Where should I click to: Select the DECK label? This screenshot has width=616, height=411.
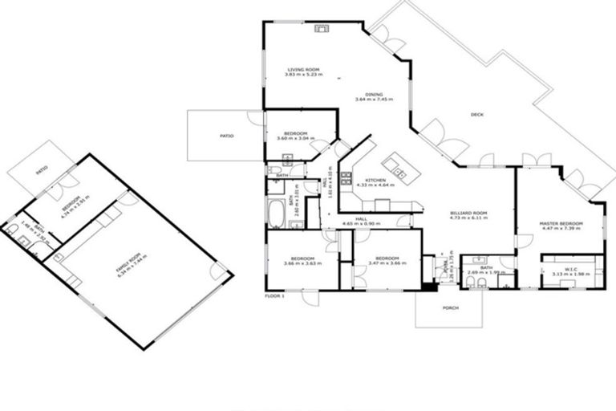click(476, 115)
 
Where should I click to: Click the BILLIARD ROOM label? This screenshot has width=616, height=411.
click(469, 214)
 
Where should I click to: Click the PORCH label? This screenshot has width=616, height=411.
click(449, 307)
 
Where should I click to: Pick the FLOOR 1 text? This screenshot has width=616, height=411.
click(274, 296)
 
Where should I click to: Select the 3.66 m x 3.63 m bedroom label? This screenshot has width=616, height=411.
click(302, 260)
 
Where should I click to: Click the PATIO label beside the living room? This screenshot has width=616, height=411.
click(227, 136)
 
